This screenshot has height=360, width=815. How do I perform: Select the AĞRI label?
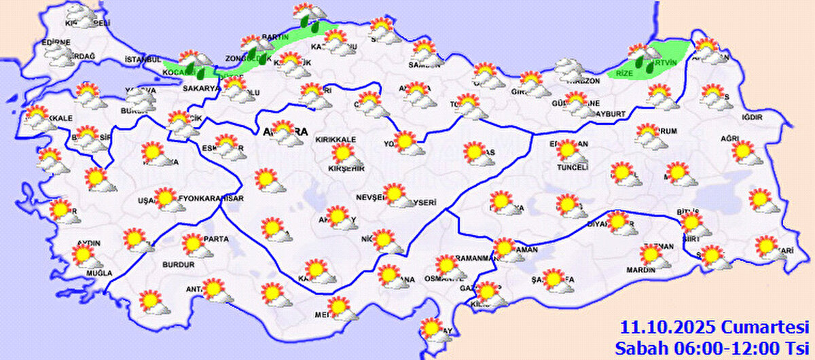(x=729, y=139)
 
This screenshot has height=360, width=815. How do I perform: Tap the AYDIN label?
(x=90, y=243)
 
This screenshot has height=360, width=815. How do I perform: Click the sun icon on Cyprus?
(x=430, y=329)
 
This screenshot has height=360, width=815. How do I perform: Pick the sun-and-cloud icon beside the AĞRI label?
(x=746, y=153)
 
